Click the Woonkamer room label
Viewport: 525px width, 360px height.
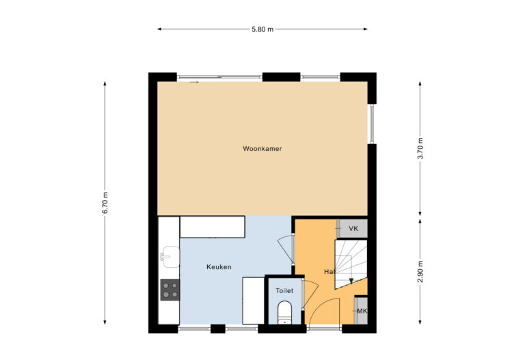pyautogui.click(x=262, y=148)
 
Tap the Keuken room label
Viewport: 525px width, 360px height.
pyautogui.click(x=219, y=266)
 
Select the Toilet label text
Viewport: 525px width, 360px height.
pyautogui.click(x=284, y=290)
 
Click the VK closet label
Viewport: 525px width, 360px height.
pyautogui.click(x=353, y=228)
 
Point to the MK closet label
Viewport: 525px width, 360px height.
pyautogui.click(x=362, y=311)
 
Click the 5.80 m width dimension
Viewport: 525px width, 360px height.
pyautogui.click(x=262, y=29)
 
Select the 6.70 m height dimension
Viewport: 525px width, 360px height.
pyautogui.click(x=105, y=203)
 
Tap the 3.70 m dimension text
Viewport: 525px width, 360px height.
pyautogui.click(x=420, y=148)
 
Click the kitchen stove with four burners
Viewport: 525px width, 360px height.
pyautogui.click(x=170, y=290)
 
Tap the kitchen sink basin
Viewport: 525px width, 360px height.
pyautogui.click(x=169, y=258)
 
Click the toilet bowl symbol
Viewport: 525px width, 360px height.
pyautogui.click(x=285, y=314)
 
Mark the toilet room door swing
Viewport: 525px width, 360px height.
pyautogui.click(x=308, y=292)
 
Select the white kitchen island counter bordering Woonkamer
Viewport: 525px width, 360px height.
pyautogui.click(x=212, y=227)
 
